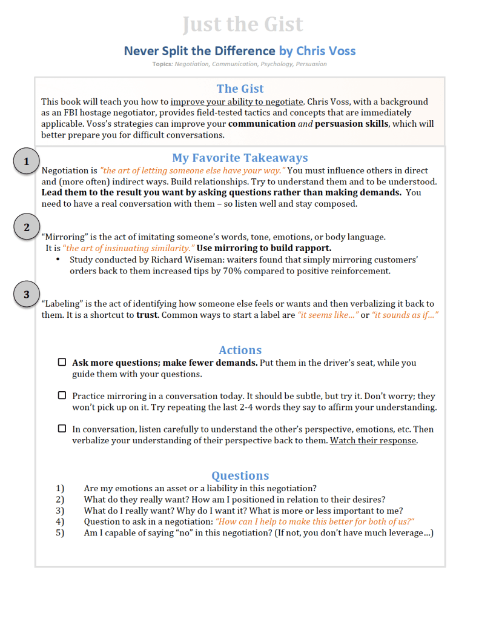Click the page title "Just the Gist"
[x=242, y=24]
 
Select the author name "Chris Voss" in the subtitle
[x=326, y=51]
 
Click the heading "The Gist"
[x=240, y=89]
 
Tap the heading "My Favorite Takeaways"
[x=240, y=158]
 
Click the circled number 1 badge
[x=26, y=161]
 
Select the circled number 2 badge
[x=26, y=227]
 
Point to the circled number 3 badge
[x=26, y=295]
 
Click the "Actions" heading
[x=240, y=350]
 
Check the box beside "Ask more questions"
[x=62, y=362]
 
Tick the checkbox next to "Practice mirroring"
[x=62, y=395]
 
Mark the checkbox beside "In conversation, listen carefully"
[x=62, y=429]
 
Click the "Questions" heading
[x=240, y=475]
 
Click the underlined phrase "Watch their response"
[x=373, y=440]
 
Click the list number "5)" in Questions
[x=60, y=532]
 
